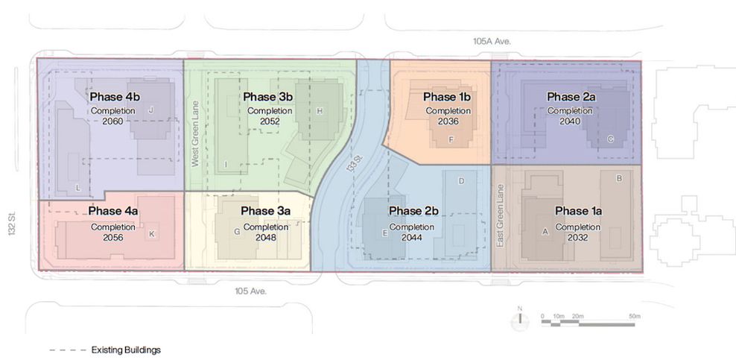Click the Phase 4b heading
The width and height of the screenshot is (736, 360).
115,97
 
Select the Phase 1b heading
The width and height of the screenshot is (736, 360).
447,97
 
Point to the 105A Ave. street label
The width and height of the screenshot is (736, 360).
492,41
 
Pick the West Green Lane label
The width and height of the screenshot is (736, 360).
196,133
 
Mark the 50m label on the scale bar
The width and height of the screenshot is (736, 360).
635,316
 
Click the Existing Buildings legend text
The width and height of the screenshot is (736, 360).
126,350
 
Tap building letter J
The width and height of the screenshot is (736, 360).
150,110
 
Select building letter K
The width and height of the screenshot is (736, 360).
151,234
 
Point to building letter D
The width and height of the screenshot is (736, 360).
461,181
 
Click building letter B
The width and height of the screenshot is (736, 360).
618,178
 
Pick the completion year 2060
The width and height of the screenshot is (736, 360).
112,121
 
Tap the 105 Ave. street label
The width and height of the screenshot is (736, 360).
251,291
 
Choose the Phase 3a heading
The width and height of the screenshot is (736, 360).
266,211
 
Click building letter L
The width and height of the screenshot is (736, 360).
78,189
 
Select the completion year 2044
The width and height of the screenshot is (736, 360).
412,238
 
